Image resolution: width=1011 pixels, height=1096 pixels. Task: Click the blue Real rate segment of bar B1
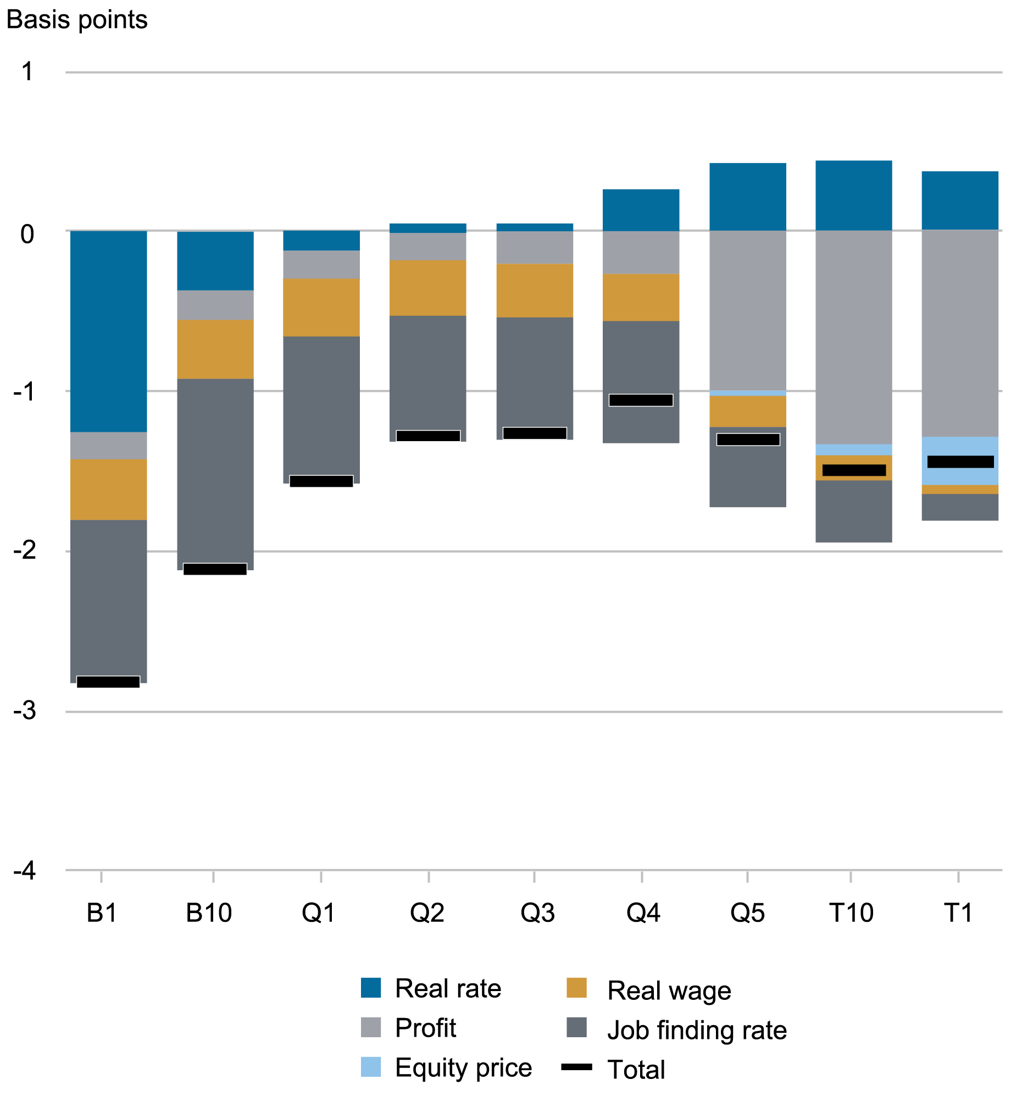(x=108, y=331)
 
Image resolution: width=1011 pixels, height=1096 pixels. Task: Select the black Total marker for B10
(x=215, y=569)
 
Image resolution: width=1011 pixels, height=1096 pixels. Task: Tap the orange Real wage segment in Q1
(x=321, y=307)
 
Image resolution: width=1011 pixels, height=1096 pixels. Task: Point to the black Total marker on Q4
(x=641, y=400)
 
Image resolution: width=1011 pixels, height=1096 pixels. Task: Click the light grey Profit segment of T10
(x=853, y=336)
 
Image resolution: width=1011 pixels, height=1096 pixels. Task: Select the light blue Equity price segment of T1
(x=959, y=447)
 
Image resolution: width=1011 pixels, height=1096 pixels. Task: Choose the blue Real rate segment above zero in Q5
(x=747, y=196)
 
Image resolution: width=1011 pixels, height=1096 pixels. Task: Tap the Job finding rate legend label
(x=697, y=1030)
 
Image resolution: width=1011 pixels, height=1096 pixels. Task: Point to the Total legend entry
(x=636, y=1070)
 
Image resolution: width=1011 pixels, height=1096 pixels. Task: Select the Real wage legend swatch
(x=576, y=988)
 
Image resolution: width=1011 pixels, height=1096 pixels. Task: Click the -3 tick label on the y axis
(x=25, y=710)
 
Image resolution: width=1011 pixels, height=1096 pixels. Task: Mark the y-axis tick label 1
(x=27, y=72)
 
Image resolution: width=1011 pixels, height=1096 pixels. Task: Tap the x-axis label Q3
(x=537, y=913)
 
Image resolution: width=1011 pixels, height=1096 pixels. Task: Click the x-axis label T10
(x=851, y=913)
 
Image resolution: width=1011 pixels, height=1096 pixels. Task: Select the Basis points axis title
(x=77, y=20)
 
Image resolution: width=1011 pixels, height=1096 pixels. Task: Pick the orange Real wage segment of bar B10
(x=215, y=349)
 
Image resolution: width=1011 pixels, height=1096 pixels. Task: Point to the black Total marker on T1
(x=960, y=461)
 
